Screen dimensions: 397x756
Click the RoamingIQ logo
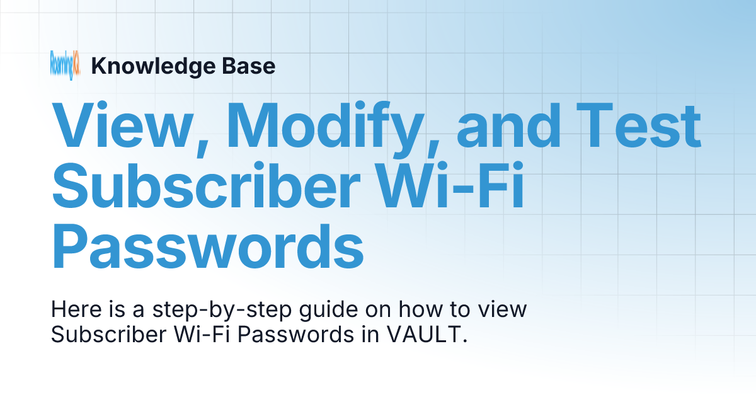65,66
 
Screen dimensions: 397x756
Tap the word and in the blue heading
508,126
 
